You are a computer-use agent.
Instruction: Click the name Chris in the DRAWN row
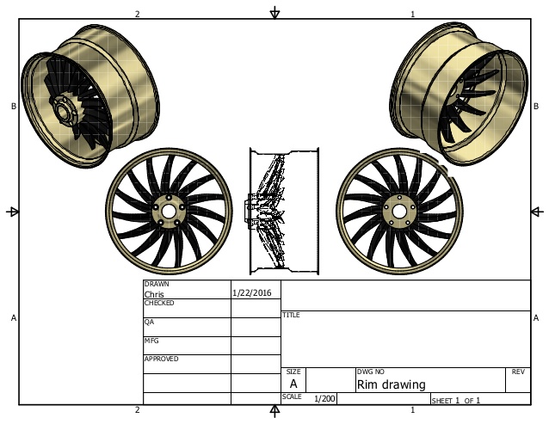click(x=153, y=293)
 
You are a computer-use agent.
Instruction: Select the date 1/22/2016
click(x=252, y=292)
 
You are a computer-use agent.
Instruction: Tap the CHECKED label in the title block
click(x=159, y=304)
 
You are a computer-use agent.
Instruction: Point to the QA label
click(x=148, y=323)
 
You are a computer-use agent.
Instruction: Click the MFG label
click(x=151, y=341)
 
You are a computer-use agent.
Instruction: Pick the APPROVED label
click(x=161, y=359)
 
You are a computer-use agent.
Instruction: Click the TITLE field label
click(x=291, y=315)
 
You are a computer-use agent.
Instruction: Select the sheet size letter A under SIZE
click(x=293, y=384)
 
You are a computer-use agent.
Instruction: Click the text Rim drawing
click(x=391, y=384)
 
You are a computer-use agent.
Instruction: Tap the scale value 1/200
click(x=324, y=399)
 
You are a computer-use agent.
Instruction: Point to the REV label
click(x=517, y=372)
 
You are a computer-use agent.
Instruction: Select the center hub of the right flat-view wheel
click(x=399, y=211)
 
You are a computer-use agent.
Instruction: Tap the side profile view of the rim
click(x=282, y=212)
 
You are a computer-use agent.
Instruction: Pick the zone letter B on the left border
click(x=13, y=107)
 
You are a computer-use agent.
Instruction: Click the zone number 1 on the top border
click(x=412, y=14)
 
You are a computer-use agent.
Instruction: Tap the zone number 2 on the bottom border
click(x=137, y=410)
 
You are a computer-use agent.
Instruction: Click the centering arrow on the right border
click(x=537, y=212)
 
